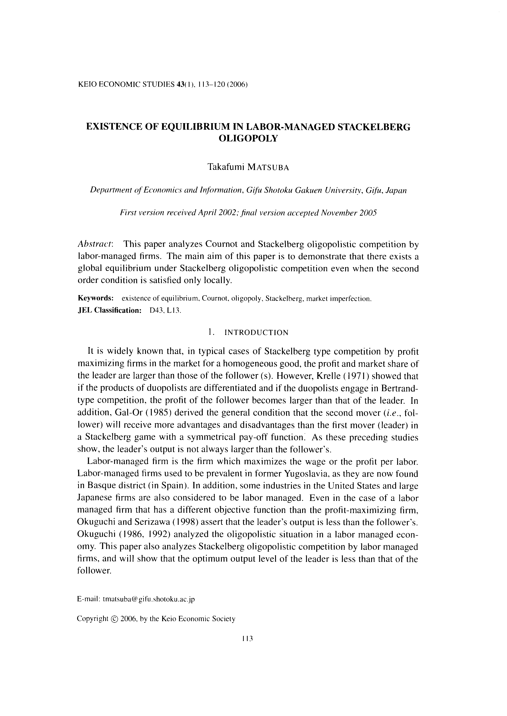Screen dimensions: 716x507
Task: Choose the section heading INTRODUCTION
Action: pyautogui.click(x=256, y=333)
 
